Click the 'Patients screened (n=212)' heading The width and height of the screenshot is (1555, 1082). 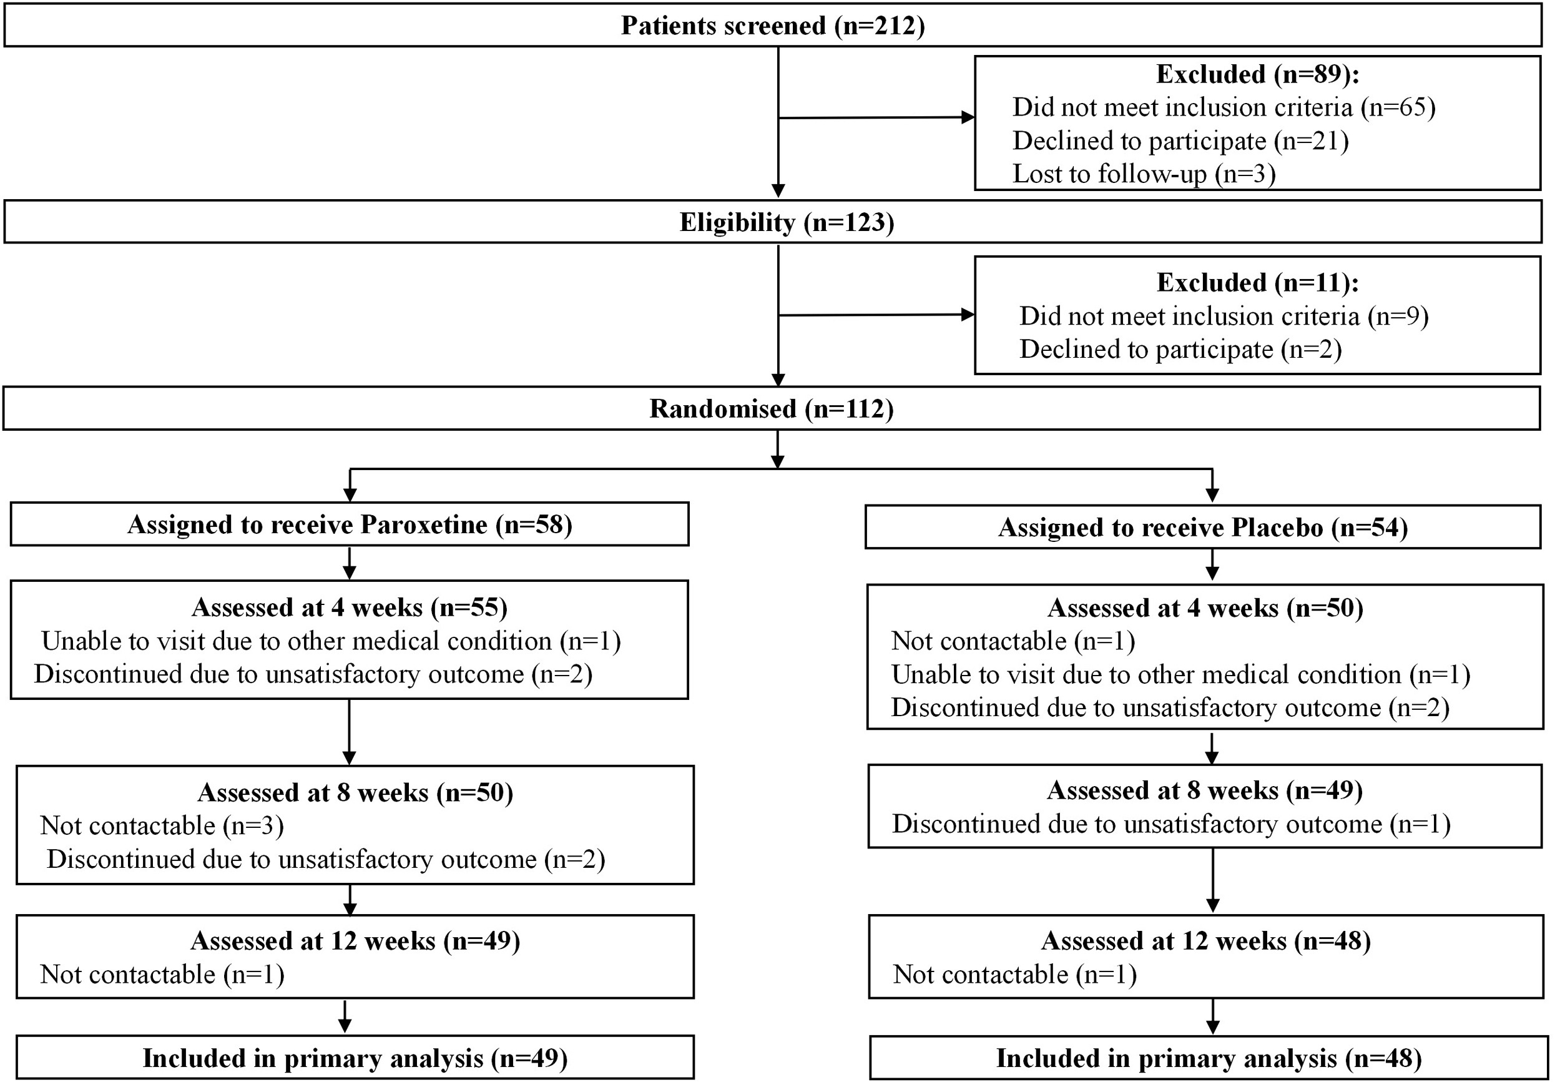[772, 26]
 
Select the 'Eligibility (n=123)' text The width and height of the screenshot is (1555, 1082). [787, 222]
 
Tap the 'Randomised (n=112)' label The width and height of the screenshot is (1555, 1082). [771, 408]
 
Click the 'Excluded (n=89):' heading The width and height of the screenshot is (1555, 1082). [1257, 74]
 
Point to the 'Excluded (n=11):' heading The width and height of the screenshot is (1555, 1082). [1257, 283]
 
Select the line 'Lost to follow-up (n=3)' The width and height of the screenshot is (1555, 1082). [1143, 174]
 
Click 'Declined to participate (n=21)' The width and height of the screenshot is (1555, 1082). [1180, 141]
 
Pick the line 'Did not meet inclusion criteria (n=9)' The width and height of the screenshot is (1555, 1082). [1223, 317]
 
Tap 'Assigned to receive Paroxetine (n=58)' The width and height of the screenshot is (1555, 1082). [350, 524]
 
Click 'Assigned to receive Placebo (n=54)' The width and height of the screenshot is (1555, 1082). [1203, 527]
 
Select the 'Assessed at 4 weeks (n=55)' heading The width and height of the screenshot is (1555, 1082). [350, 607]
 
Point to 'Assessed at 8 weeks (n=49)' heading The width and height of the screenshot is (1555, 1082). [1204, 790]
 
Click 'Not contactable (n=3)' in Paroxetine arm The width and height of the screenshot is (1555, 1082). [162, 825]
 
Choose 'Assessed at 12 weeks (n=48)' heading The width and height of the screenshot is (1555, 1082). [1205, 940]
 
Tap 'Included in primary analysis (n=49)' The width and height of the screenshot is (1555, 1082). [355, 1058]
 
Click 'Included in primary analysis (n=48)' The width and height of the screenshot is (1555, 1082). [1209, 1058]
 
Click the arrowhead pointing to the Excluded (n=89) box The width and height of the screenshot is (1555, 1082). [968, 117]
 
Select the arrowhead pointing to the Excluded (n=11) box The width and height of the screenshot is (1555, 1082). [968, 315]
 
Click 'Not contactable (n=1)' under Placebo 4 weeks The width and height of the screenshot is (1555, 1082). [1013, 641]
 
